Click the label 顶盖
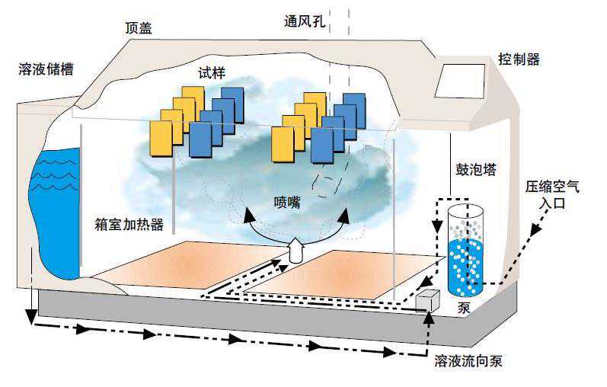(139, 28)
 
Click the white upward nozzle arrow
(296, 249)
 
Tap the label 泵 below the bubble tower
(465, 309)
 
